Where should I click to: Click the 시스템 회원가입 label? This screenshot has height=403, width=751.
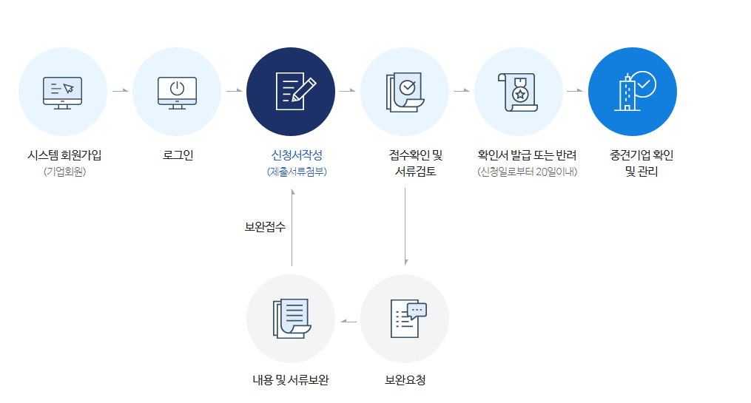coord(64,155)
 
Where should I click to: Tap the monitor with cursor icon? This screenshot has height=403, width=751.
coord(63,92)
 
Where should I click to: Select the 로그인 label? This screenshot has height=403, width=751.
coord(178,155)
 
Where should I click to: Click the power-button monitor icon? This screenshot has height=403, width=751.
coord(177,92)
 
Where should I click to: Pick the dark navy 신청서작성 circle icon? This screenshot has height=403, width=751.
coord(291,92)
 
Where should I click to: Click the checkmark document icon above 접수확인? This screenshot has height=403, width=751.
coord(405,92)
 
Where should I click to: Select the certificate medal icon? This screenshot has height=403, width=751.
coord(519,92)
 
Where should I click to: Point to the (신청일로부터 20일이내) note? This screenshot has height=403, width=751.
coord(527,172)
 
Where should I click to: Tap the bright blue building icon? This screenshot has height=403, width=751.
coord(633,92)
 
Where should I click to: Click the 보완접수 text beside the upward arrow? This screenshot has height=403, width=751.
coord(265,227)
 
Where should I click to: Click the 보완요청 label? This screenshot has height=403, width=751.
coord(405,380)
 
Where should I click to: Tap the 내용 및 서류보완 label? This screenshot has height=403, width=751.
coord(290,380)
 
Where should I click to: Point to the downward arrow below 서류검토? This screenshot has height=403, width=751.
coord(405,226)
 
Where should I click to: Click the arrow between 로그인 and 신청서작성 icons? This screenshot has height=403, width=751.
coord(235,91)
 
